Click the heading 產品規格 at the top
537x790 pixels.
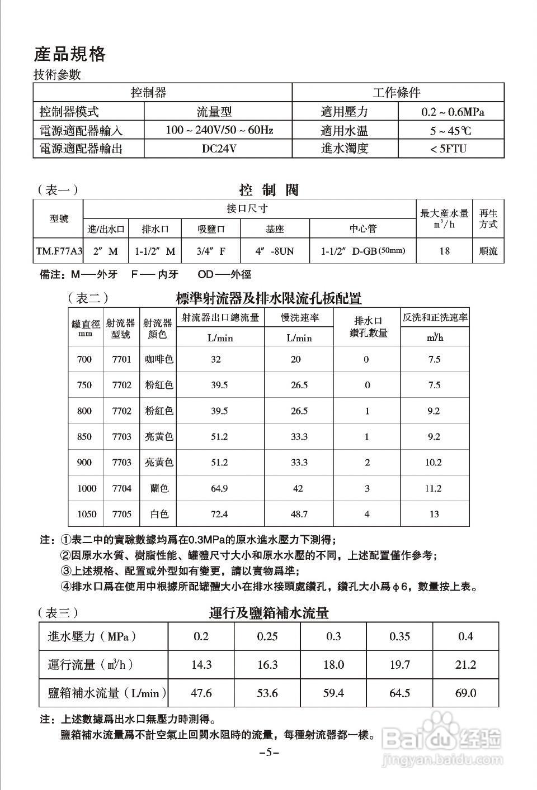pos(69,54)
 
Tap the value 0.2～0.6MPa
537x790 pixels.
pos(453,112)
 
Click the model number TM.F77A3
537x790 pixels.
pos(59,251)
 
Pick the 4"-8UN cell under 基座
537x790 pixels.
pos(274,251)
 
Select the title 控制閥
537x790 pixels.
pos(269,190)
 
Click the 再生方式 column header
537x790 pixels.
pos(488,218)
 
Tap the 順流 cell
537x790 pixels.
pos(488,251)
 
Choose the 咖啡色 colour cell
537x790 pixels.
pos(159,359)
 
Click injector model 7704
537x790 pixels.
pos(121,488)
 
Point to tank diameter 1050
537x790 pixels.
pos(87,514)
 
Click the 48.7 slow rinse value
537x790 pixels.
pos(299,514)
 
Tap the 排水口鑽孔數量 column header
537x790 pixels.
pos(368,327)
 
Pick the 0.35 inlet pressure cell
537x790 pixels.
pos(399,636)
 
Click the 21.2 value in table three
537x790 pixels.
pos(465,665)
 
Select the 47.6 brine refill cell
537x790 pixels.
pos(201,693)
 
